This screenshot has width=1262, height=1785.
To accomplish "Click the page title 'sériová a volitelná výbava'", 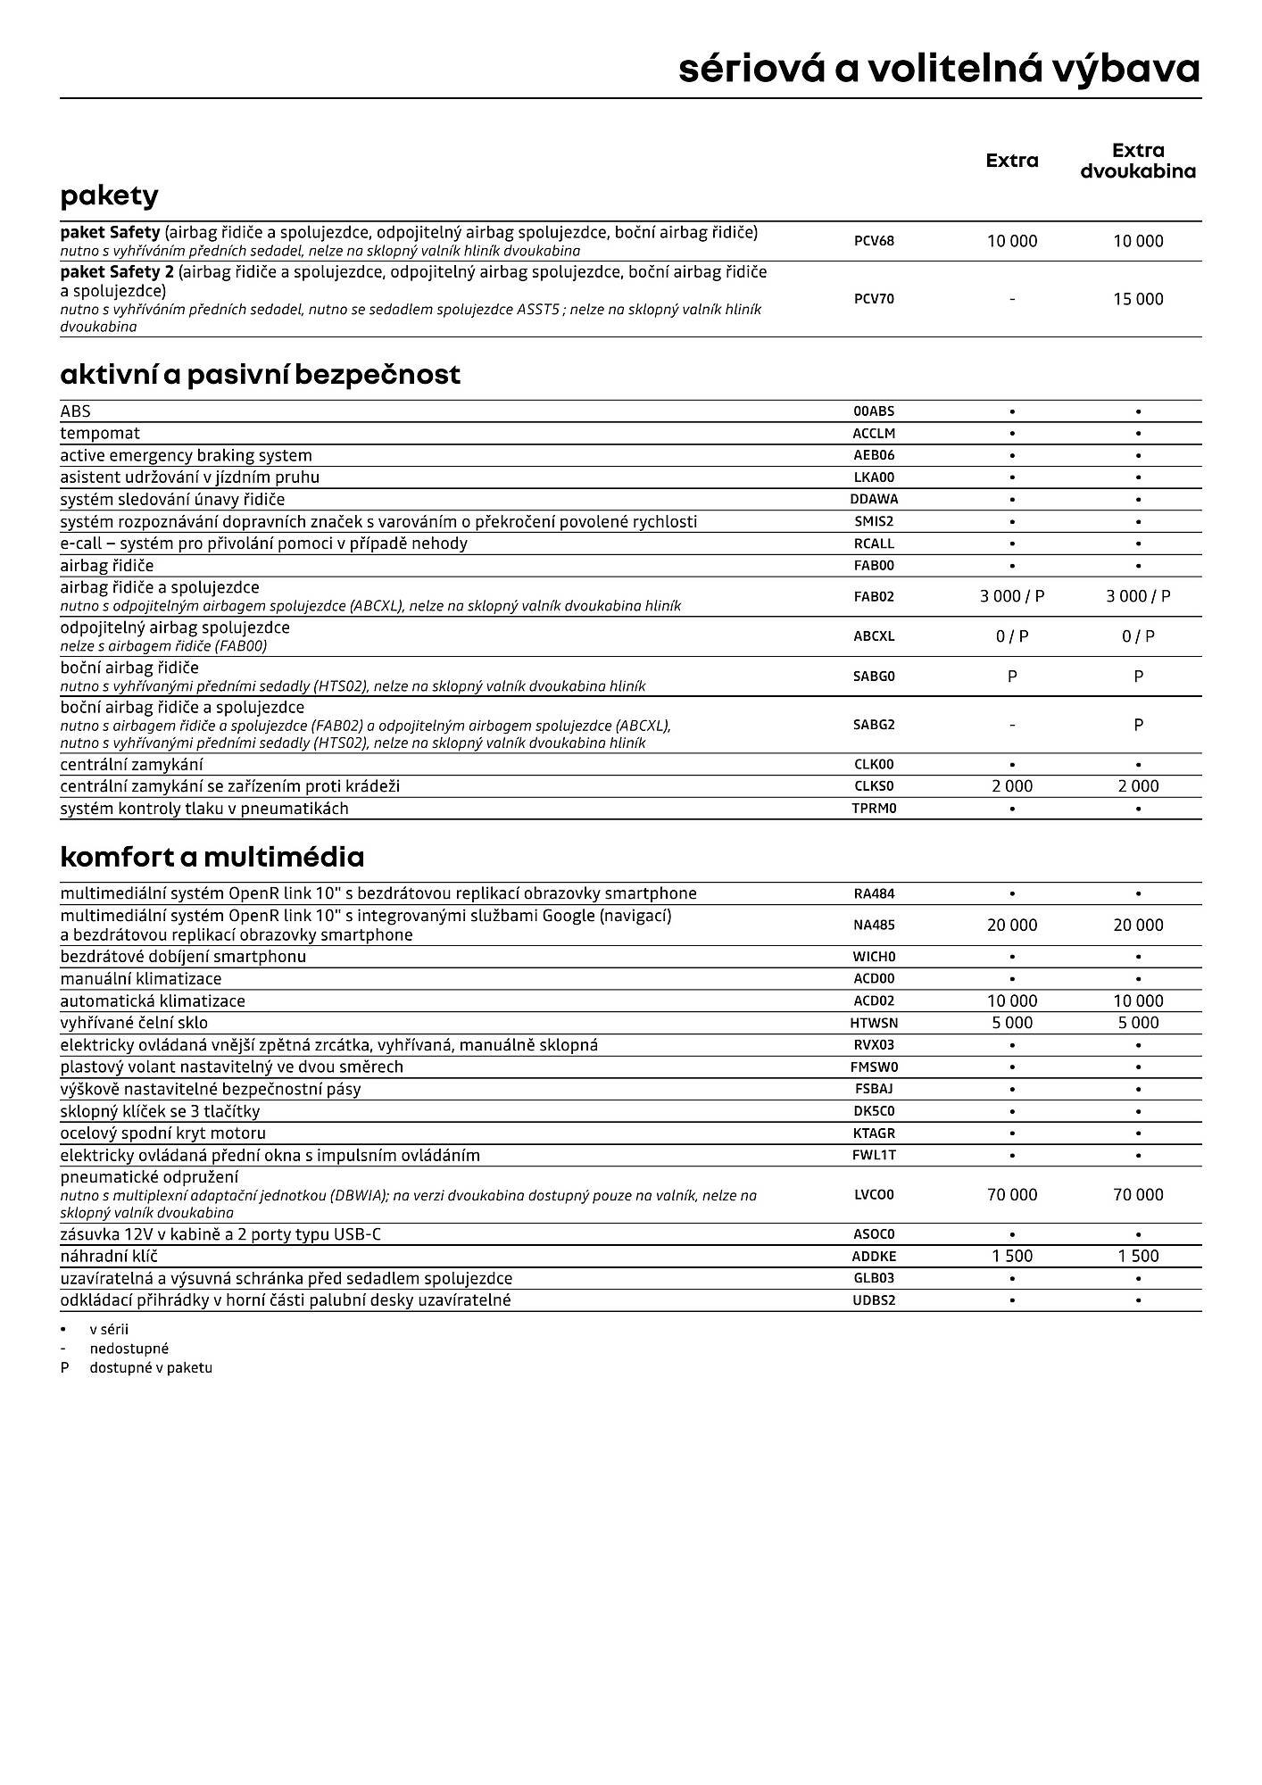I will tap(939, 69).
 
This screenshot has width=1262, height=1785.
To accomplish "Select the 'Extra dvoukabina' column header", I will tap(1138, 161).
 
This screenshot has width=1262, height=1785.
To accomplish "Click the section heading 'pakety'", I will tap(109, 195).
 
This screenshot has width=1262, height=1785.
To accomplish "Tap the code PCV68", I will tap(874, 241).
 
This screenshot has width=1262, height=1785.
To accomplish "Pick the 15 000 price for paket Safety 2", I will tap(1138, 299).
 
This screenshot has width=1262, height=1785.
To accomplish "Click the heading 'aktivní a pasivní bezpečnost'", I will tap(260, 374).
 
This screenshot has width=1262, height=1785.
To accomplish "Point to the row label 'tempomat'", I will tap(100, 433).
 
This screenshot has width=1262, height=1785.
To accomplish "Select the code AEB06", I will tap(874, 455).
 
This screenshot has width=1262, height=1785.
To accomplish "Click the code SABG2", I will tap(874, 725).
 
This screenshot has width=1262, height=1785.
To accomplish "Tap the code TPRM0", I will tap(874, 809).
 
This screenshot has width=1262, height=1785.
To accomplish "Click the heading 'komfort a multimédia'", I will tap(212, 857).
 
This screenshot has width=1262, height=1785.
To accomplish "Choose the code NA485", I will tap(874, 926).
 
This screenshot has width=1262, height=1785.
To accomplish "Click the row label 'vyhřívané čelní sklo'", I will tap(134, 1023).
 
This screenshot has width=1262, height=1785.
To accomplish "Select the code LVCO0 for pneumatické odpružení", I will tap(874, 1194).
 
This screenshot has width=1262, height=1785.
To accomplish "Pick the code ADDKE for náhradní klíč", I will tap(874, 1256).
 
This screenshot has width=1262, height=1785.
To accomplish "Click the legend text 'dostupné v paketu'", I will tap(151, 1367).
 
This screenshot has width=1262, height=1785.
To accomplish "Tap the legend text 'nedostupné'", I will tap(129, 1349).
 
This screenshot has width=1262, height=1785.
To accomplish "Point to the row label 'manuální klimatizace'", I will tap(141, 979).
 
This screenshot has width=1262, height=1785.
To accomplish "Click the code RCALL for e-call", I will tap(874, 544).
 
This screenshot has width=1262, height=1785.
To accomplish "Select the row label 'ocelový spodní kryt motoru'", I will tap(162, 1133).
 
